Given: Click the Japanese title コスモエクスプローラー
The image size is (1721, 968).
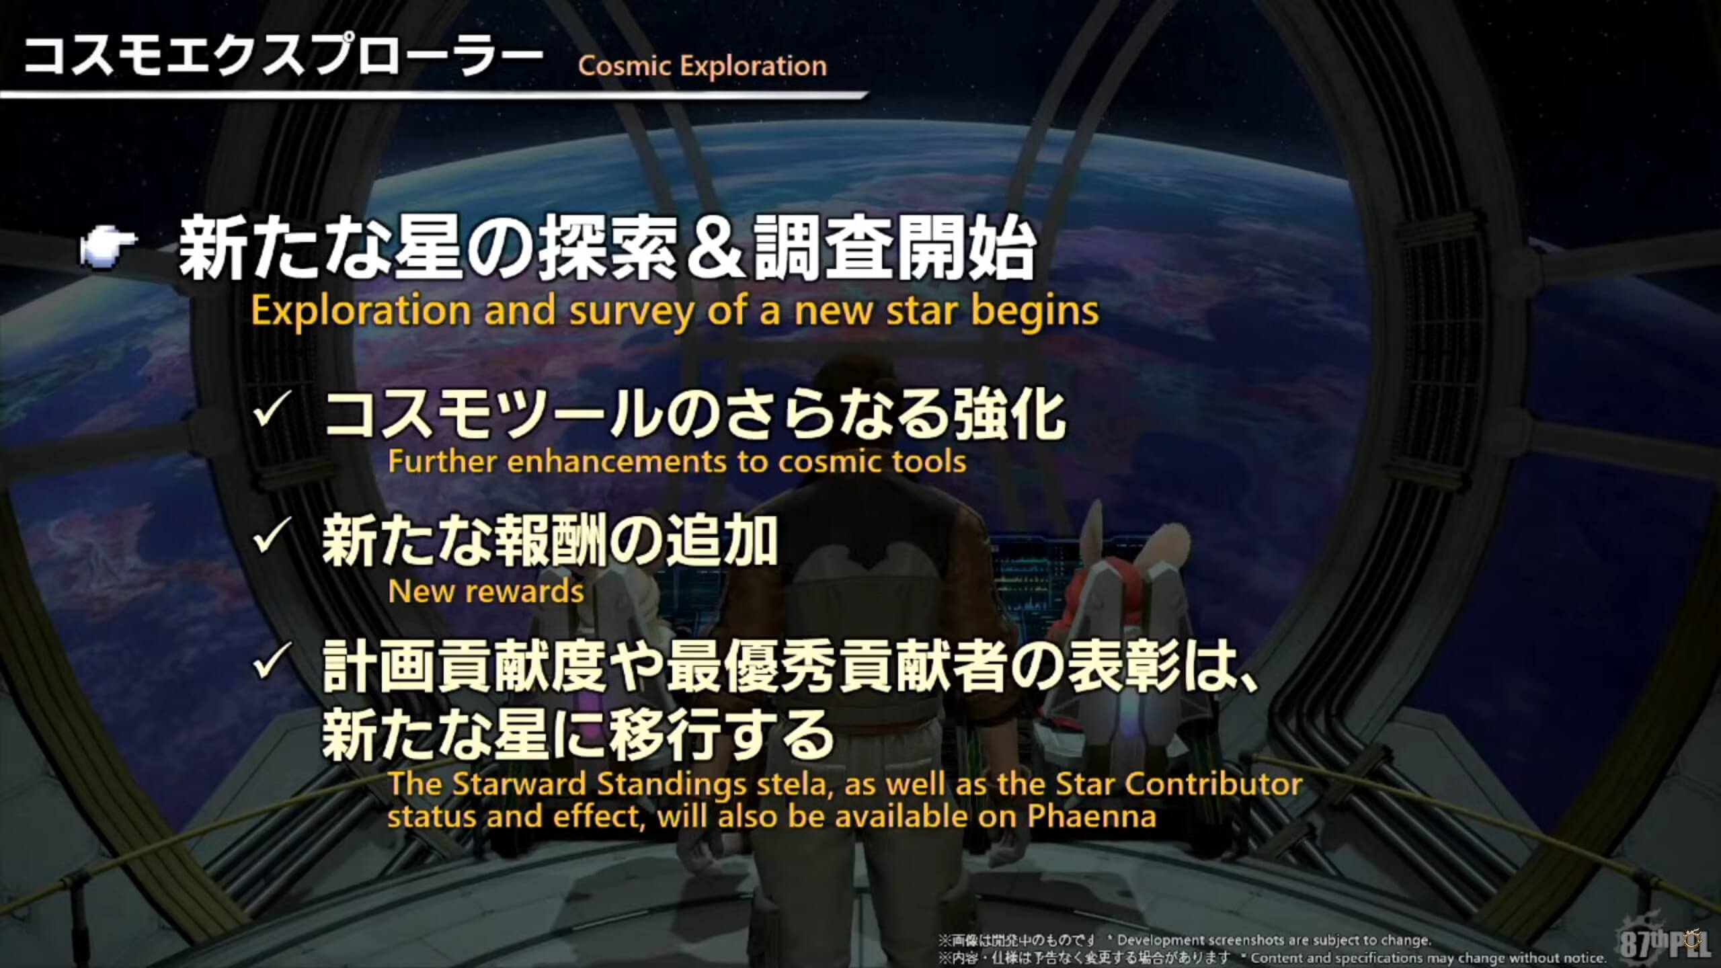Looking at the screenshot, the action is tap(282, 57).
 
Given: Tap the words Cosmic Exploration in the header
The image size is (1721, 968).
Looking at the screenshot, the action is tap(703, 66).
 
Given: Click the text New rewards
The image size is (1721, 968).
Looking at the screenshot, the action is tap(486, 592).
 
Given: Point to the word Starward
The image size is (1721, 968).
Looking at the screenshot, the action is tap(522, 784).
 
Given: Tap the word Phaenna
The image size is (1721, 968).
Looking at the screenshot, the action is tap(1092, 817).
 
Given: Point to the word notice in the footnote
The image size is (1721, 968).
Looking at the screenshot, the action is tap(1583, 957).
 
